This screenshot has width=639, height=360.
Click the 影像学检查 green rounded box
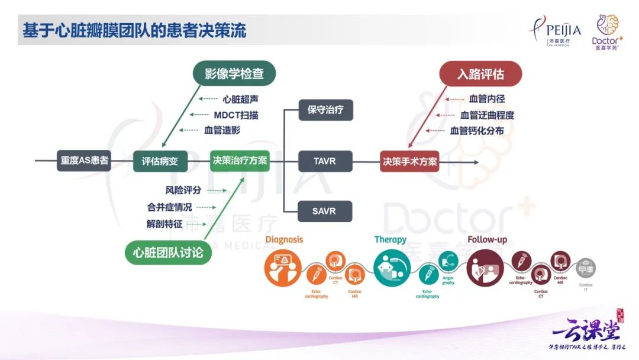(235, 74)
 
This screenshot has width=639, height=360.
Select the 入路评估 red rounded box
(480, 74)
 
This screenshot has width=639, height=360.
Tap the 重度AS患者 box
(84, 160)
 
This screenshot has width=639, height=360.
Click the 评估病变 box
(156, 160)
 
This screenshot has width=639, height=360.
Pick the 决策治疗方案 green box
(240, 160)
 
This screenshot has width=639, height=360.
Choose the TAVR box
(325, 160)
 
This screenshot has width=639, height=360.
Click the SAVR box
(325, 211)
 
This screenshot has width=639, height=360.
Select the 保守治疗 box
(325, 110)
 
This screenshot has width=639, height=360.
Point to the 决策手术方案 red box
(409, 160)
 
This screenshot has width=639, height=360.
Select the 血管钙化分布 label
(477, 130)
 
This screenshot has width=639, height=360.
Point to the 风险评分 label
(183, 191)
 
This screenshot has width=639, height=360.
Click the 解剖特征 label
(164, 224)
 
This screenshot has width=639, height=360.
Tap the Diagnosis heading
(284, 239)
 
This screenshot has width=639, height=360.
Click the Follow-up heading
(487, 239)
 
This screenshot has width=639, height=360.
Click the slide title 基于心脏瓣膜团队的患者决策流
(134, 31)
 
